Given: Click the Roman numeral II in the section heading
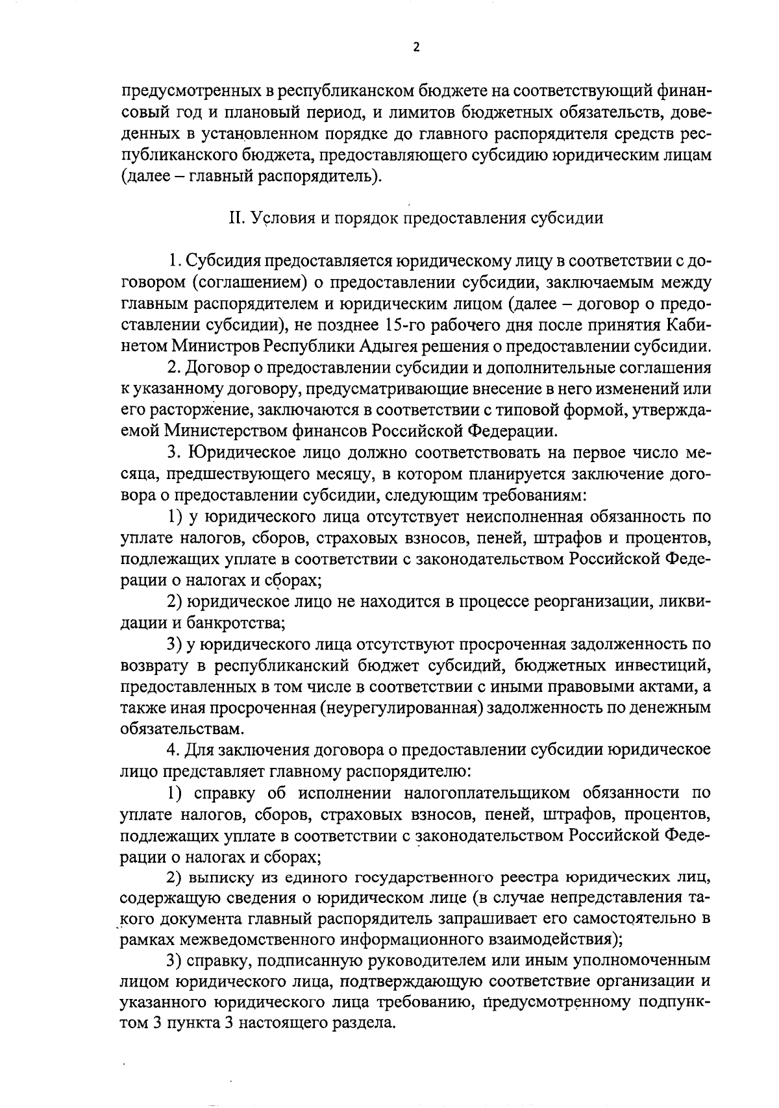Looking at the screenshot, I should tap(236, 218).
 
